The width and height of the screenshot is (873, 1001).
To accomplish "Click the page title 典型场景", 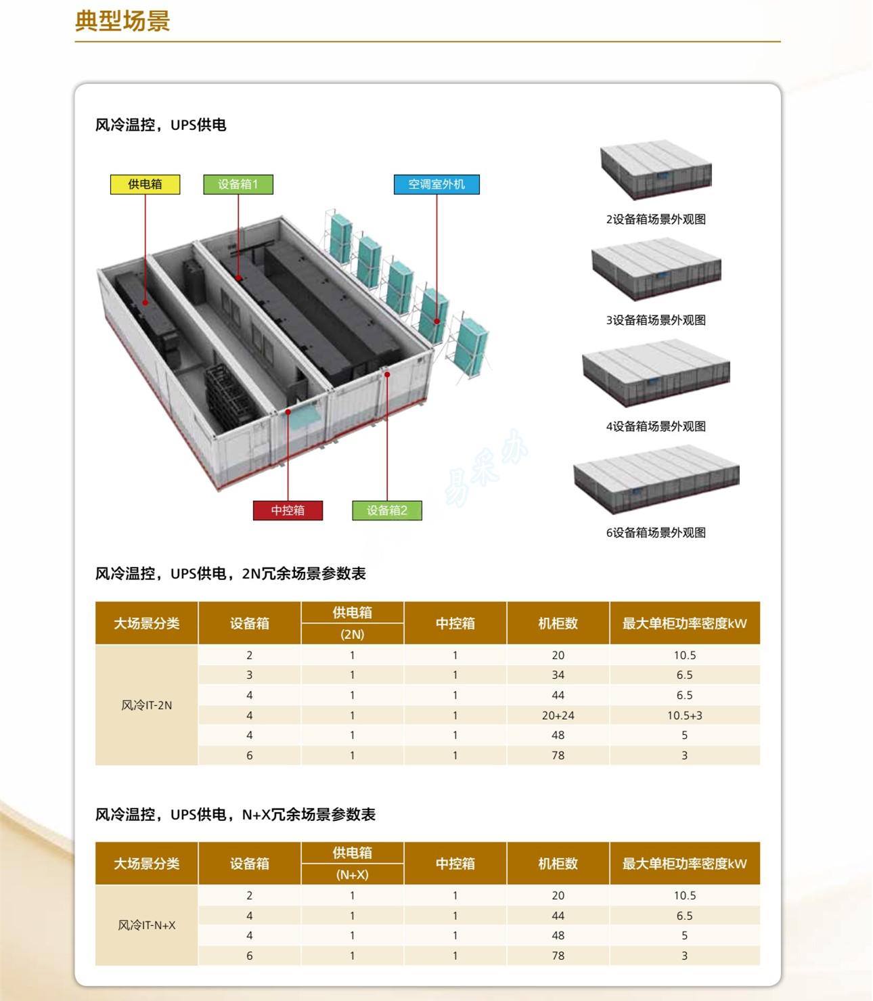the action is tap(122, 21).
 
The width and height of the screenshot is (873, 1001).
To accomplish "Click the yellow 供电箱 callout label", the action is tap(145, 185).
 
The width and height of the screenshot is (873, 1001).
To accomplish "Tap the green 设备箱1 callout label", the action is tap(238, 185).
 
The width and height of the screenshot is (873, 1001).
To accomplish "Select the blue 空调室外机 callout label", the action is tap(436, 185).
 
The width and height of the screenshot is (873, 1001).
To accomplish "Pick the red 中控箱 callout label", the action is tap(288, 510).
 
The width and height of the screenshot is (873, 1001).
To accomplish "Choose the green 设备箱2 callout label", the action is tap(387, 510).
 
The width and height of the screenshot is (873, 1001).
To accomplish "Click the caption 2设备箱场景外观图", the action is tap(656, 219).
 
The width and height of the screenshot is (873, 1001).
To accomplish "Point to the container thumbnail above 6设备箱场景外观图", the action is tap(656, 479).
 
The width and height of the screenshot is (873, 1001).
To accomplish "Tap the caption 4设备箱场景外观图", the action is tap(656, 426).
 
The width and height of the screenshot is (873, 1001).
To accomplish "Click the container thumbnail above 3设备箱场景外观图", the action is tap(656, 269).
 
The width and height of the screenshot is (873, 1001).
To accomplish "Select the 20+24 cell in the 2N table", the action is tap(558, 715).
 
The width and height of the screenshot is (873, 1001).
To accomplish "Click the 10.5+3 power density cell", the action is tap(685, 715).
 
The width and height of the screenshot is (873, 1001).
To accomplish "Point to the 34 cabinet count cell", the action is tap(558, 675).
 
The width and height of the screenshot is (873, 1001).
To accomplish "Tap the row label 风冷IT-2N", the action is tap(147, 705).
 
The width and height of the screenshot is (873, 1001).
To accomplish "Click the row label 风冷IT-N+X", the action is tap(147, 925).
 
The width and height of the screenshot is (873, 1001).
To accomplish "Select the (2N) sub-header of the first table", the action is tap(352, 635).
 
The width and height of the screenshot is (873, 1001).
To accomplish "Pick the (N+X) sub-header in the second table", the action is tap(352, 874).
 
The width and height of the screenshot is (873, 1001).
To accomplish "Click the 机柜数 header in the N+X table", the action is tap(558, 864).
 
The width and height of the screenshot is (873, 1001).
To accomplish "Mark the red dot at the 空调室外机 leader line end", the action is tap(436, 321).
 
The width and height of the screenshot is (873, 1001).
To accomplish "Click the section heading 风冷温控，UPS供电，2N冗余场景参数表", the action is tap(230, 573).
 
